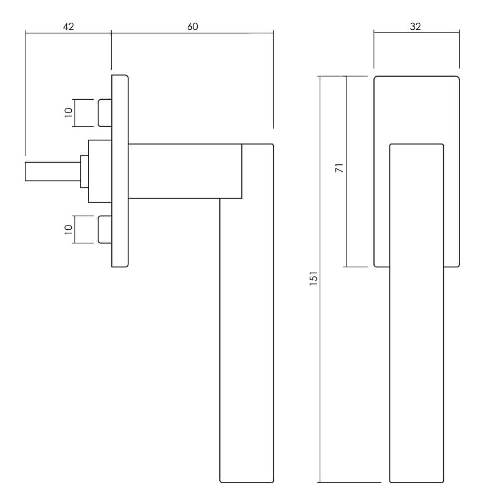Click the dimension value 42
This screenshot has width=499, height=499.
coord(68,27)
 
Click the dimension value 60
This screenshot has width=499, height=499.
coord(193,27)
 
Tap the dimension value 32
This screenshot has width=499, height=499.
coord(415,27)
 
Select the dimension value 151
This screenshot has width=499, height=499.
coord(314,278)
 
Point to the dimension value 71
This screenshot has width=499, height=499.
coord(339,168)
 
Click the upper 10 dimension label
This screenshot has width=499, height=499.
coord(69,113)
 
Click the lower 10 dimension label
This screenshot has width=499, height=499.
coord(69,229)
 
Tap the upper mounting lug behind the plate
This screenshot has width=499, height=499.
coord(105,113)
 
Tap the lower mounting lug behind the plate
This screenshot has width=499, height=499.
coord(105,230)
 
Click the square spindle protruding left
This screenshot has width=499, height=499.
coord(53,172)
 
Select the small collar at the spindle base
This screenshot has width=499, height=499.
coord(84,172)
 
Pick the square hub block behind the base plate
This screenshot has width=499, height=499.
coord(100,171)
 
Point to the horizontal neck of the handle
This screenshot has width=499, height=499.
coord(185,171)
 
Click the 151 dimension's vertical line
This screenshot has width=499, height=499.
coord(320,279)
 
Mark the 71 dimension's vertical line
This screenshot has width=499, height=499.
coord(346,172)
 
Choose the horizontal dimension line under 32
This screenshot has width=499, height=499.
coord(417,32)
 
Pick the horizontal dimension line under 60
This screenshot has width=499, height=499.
coord(193,32)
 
